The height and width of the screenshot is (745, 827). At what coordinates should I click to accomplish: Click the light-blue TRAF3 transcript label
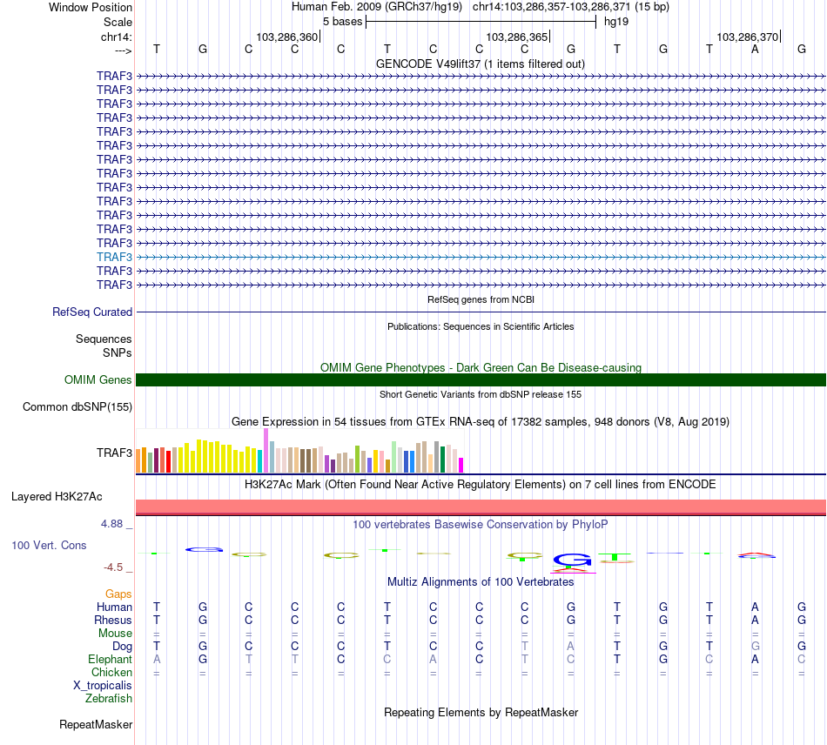pyautogui.click(x=114, y=257)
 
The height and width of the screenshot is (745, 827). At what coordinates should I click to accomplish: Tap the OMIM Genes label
pyautogui.click(x=98, y=379)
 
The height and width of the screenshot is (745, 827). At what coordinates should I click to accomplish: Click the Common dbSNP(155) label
pyautogui.click(x=77, y=406)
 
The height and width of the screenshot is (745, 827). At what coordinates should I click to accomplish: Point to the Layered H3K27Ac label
pyautogui.click(x=57, y=497)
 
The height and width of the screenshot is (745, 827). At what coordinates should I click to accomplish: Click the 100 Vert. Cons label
pyautogui.click(x=49, y=545)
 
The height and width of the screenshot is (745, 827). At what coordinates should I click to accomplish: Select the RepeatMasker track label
pyautogui.click(x=96, y=724)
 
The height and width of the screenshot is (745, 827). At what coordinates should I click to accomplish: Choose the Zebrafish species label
pyautogui.click(x=109, y=698)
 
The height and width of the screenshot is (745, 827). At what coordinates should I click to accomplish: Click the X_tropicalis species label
pyautogui.click(x=103, y=685)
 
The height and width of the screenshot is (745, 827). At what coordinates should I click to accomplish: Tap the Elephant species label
pyautogui.click(x=110, y=659)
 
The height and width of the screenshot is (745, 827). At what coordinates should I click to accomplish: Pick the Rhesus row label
pyautogui.click(x=113, y=620)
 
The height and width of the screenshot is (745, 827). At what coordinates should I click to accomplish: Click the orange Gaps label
pyautogui.click(x=118, y=594)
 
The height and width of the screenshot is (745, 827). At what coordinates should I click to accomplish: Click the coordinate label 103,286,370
pyautogui.click(x=748, y=37)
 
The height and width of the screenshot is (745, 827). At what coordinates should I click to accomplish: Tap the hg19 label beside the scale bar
pyautogui.click(x=616, y=21)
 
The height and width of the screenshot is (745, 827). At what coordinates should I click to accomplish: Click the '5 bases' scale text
pyautogui.click(x=342, y=21)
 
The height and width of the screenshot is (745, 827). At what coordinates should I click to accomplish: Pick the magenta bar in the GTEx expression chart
pyautogui.click(x=461, y=465)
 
